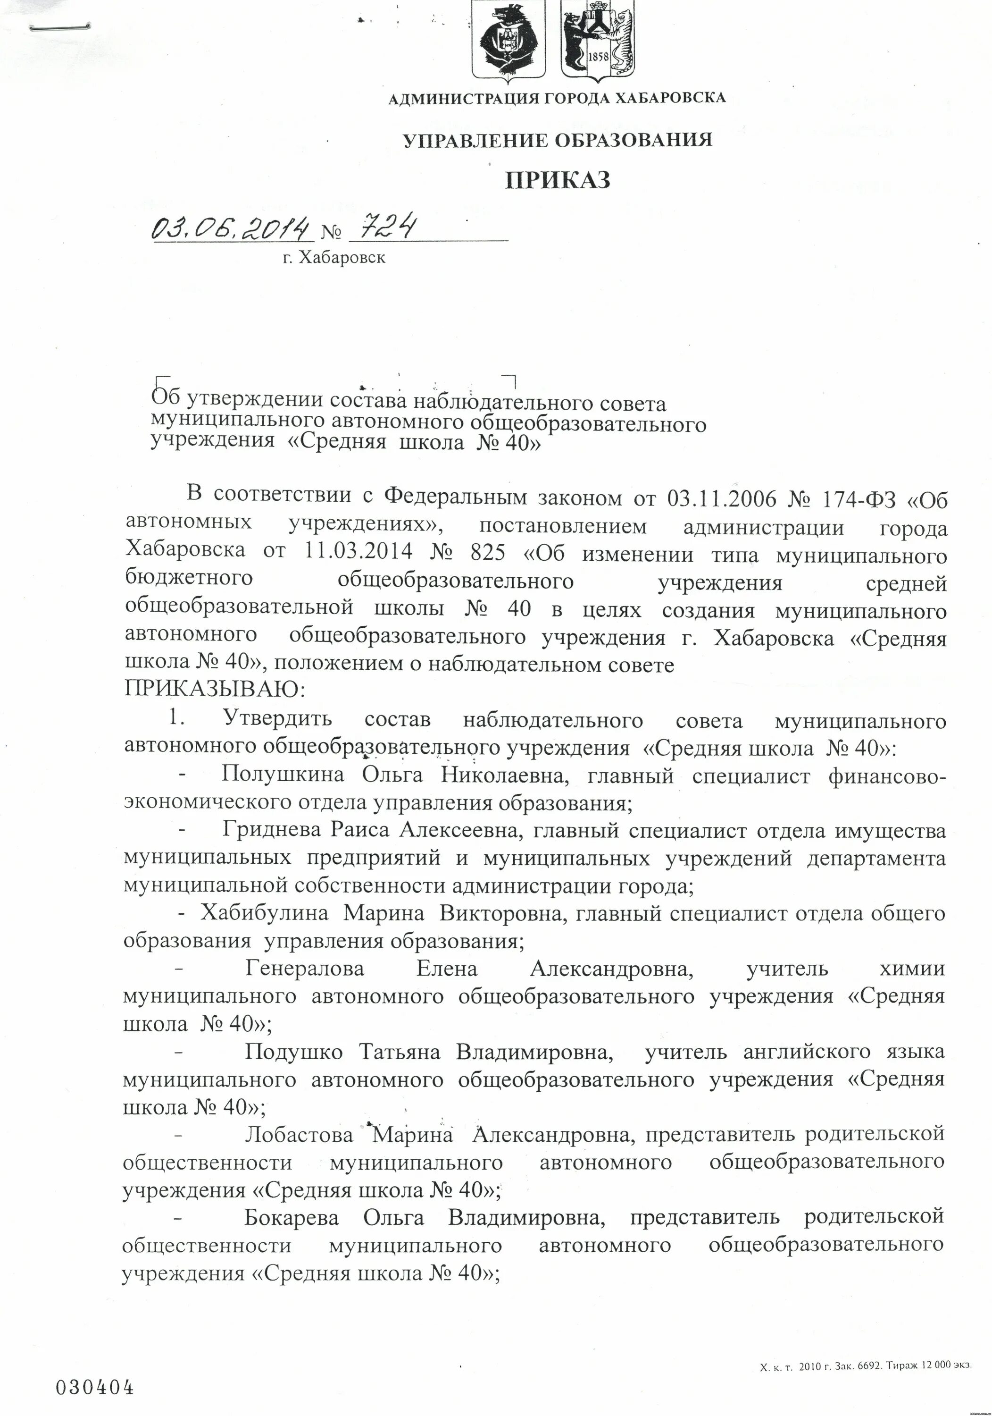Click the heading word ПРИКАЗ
[558, 180]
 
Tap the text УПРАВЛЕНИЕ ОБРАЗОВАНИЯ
[558, 141]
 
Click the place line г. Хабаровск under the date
[333, 258]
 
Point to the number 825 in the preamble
[487, 550]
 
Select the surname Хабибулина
[264, 913]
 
